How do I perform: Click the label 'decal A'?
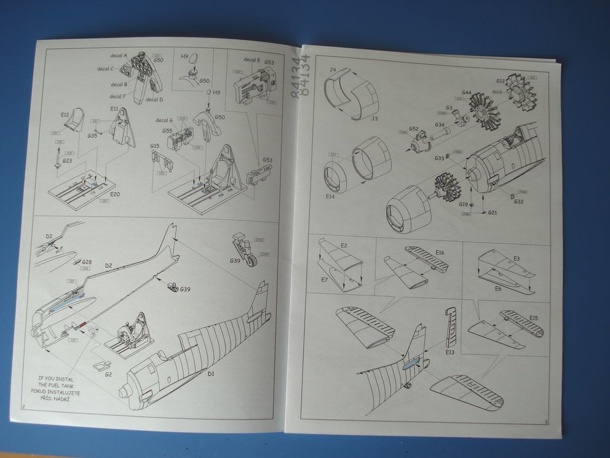click(117, 55)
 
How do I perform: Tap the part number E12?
click(65, 114)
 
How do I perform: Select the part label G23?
click(67, 161)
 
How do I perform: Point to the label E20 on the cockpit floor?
click(115, 193)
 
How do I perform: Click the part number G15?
click(155, 146)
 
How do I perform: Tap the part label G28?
click(87, 262)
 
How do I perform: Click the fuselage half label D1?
click(210, 374)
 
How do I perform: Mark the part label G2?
click(109, 374)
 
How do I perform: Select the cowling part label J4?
click(332, 70)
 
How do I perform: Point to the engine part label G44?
click(466, 92)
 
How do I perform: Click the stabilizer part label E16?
click(440, 252)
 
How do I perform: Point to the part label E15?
click(533, 318)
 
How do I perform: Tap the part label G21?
click(493, 212)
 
